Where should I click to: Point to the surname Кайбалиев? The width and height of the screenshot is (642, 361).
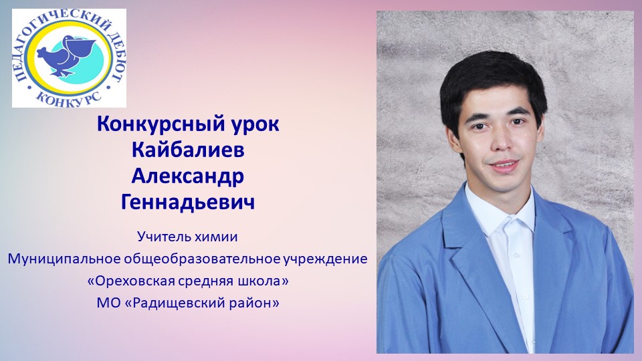click(188, 150)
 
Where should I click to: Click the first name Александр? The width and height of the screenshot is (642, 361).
click(188, 176)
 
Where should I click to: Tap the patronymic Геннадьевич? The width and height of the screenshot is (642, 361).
click(188, 202)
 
